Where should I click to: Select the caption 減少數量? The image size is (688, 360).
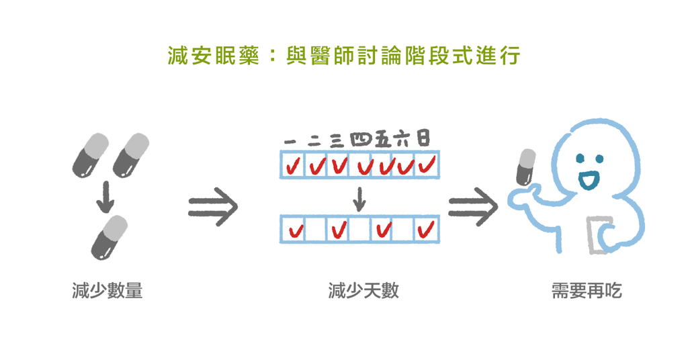pyautogui.click(x=107, y=291)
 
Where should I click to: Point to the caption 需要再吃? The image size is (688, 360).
pyautogui.click(x=587, y=291)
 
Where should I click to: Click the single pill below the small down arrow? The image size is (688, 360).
pyautogui.click(x=109, y=236)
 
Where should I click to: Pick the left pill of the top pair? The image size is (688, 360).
pyautogui.click(x=89, y=155)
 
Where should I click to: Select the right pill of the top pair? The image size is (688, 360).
pyautogui.click(x=130, y=155)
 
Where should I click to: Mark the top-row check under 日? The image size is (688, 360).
pyautogui.click(x=427, y=163)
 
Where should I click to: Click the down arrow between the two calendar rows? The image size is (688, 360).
pyautogui.click(x=360, y=197)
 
